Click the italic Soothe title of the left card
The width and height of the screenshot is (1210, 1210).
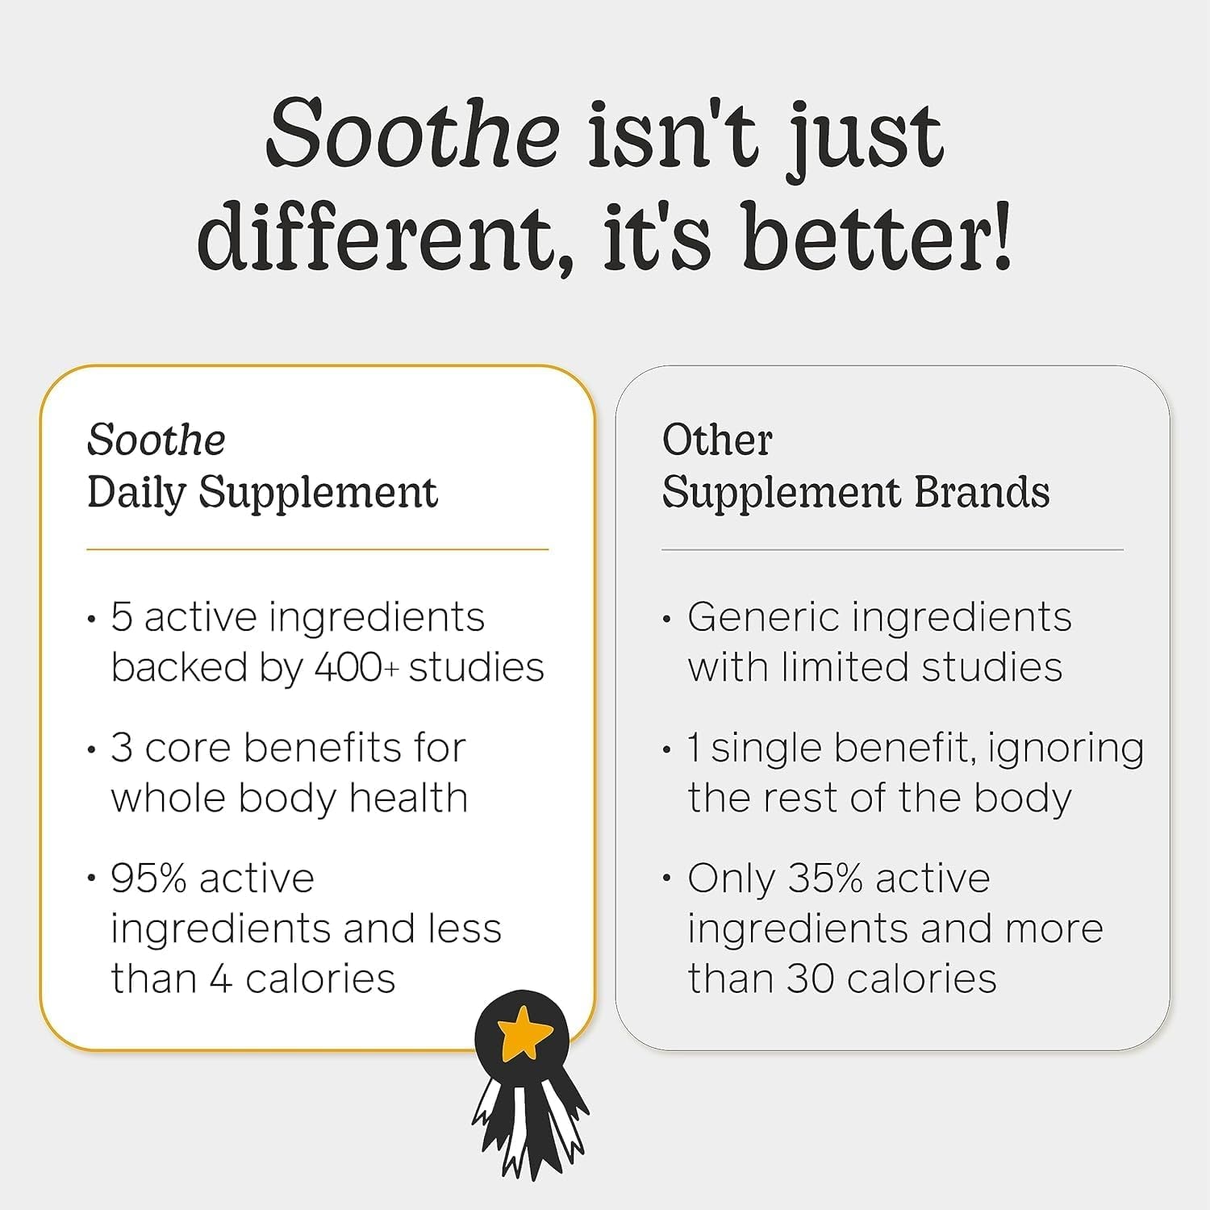[x=156, y=440]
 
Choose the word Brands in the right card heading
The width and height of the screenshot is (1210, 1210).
[x=982, y=492]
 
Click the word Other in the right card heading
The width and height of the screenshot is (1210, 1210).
[x=717, y=440]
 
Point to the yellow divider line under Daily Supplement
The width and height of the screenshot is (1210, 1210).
[x=317, y=550]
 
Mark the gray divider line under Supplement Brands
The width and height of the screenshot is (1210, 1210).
[x=892, y=550]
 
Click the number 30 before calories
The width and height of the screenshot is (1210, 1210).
[x=810, y=979]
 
